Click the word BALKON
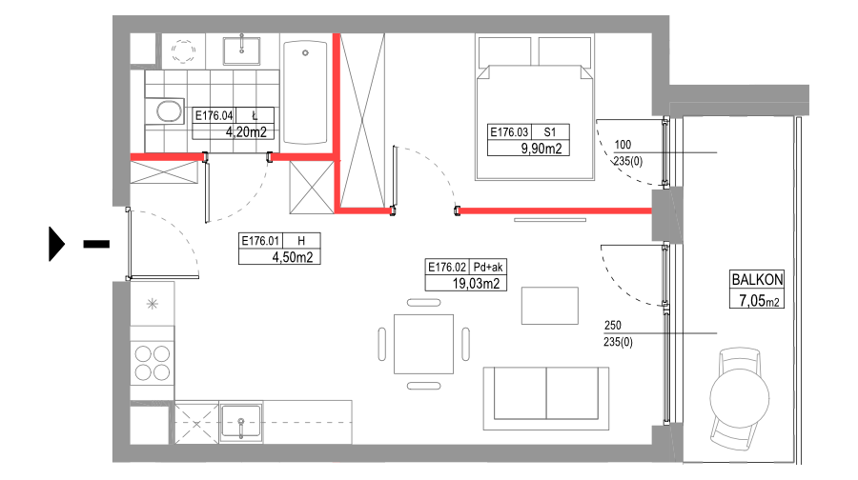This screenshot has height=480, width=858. click(x=757, y=280)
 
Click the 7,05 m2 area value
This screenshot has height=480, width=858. click(x=757, y=301)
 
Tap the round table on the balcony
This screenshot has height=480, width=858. click(x=740, y=395)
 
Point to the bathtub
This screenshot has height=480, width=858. click(x=305, y=91)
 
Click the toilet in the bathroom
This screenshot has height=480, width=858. click(x=168, y=111)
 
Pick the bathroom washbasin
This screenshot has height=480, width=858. click(x=242, y=50)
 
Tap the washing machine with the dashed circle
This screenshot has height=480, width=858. click(x=182, y=49)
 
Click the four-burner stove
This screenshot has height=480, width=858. click(x=153, y=362)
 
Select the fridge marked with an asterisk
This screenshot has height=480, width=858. click(x=153, y=304)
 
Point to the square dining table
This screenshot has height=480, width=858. click(x=424, y=344)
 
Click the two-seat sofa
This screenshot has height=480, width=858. click(x=546, y=395)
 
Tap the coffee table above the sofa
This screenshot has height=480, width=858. click(x=549, y=306)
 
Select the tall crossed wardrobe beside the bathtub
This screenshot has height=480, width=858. click(x=362, y=119)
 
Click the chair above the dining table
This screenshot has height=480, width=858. click(x=424, y=303)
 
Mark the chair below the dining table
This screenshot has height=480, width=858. click(x=424, y=386)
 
